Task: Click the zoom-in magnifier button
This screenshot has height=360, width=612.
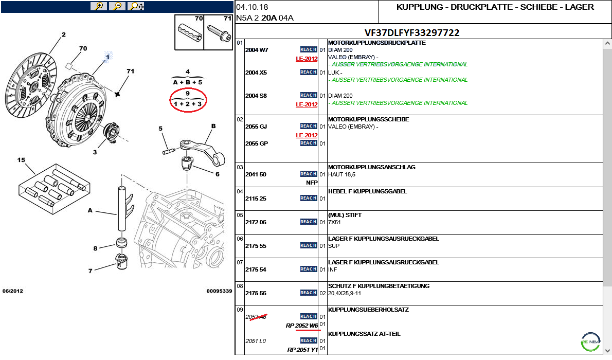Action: (x=98, y=6)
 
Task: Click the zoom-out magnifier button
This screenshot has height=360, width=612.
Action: (x=117, y=6)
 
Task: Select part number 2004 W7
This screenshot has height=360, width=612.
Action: (x=256, y=50)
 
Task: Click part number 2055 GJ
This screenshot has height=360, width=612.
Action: (x=256, y=127)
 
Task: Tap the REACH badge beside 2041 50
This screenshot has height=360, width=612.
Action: (x=309, y=174)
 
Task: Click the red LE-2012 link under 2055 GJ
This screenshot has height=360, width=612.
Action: (x=307, y=135)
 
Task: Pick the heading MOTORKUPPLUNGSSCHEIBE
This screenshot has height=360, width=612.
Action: (x=368, y=119)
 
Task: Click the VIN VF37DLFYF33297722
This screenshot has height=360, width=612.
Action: (x=412, y=32)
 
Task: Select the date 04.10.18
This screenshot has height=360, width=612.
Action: (x=252, y=7)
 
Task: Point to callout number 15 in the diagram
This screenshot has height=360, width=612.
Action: (x=21, y=160)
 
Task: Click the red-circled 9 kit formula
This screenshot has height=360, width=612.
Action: (x=188, y=100)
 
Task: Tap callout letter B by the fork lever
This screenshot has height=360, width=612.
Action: (x=213, y=126)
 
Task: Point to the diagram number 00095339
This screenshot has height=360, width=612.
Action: (x=219, y=291)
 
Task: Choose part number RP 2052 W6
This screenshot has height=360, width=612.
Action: (x=302, y=326)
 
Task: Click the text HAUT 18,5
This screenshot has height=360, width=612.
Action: (x=341, y=174)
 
